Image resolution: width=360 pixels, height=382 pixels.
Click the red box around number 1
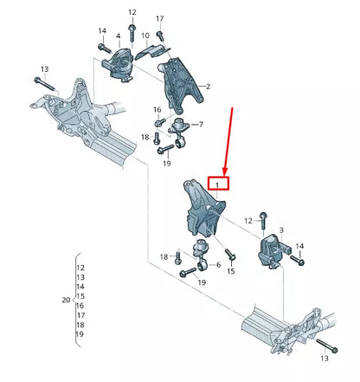point(219,183)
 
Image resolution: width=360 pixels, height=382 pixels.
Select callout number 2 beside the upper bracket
point(207,87)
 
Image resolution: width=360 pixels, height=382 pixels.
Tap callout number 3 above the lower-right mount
point(280,230)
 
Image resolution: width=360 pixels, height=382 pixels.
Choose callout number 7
point(200,125)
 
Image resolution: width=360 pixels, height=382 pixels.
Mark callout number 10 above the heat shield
point(145,36)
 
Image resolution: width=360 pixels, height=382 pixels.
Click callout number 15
point(231,272)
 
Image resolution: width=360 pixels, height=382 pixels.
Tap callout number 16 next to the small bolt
point(157,110)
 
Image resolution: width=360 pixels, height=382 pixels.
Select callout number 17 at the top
point(160,18)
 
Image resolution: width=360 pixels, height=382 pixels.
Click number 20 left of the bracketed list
point(66,300)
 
